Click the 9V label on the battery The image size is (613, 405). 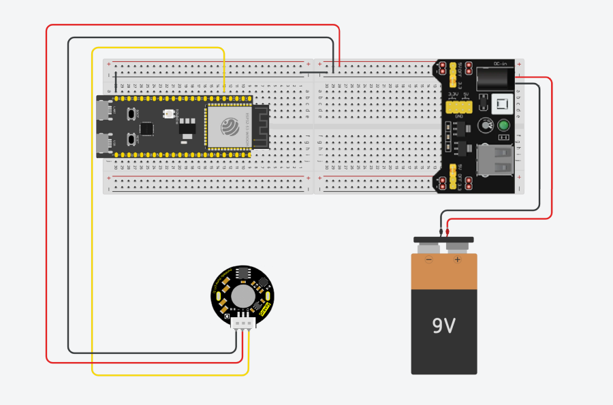click(x=443, y=326)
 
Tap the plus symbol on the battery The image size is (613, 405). click(x=457, y=260)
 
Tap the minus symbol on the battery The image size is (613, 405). click(x=429, y=260)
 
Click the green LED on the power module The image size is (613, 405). click(x=504, y=125)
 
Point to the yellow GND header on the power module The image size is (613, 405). click(x=459, y=108)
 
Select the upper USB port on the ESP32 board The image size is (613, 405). click(x=104, y=110)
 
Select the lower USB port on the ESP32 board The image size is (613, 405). click(x=104, y=144)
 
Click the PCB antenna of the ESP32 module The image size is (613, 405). click(x=260, y=127)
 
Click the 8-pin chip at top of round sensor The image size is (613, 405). click(x=242, y=273)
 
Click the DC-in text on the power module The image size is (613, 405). click(x=500, y=64)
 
